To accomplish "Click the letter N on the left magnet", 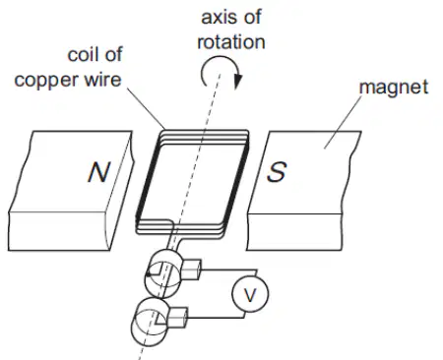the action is pos(98,172).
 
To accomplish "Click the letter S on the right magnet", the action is pos(277,171).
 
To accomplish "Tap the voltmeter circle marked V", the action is pos(250,294).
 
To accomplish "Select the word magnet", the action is pos(394,88).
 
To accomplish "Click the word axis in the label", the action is pos(217,17).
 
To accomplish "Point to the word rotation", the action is pos(231,42).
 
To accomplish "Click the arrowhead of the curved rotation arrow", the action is pos(238,82).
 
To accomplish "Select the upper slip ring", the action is pos(163,273).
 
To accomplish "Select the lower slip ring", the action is pos(150,322).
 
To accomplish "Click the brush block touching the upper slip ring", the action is pos(191,270).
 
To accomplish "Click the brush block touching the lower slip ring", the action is pos(177,318).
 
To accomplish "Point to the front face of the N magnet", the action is pos(58,231).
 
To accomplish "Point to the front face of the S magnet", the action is pos(294,232).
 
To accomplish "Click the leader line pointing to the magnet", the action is pos(343,122).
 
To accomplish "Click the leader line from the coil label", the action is pos(146,108).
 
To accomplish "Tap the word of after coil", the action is pos(112,54).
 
